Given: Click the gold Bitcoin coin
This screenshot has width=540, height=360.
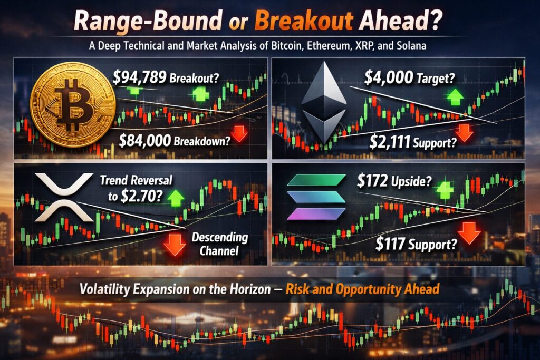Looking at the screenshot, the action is pyautogui.click(x=72, y=104).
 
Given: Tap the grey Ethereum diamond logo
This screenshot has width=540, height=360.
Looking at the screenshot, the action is pyautogui.click(x=324, y=102).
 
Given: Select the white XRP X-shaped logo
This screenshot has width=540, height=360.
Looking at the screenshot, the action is pyautogui.click(x=64, y=197).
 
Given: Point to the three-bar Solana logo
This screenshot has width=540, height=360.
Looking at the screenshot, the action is pyautogui.click(x=316, y=197).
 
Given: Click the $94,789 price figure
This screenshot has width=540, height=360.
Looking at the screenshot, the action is pyautogui.click(x=140, y=78).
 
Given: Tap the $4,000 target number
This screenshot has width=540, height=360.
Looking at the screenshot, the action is pyautogui.click(x=389, y=78).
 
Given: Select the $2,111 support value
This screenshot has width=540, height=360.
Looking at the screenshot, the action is pyautogui.click(x=390, y=141).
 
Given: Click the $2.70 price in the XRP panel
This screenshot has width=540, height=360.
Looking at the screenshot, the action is pyautogui.click(x=140, y=196).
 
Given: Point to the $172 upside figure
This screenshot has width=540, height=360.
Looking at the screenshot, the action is pyautogui.click(x=372, y=181).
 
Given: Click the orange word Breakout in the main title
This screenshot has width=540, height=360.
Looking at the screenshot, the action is pyautogui.click(x=304, y=21).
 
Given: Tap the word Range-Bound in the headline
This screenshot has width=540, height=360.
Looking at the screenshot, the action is pyautogui.click(x=148, y=21).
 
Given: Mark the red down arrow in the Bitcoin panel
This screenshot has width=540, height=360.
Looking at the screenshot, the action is pyautogui.click(x=239, y=133).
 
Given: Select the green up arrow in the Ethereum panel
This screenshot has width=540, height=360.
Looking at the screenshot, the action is pyautogui.click(x=455, y=96).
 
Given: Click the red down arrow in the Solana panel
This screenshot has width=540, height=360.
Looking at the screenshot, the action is pyautogui.click(x=468, y=232).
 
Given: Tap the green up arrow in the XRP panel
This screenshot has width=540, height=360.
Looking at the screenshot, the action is pyautogui.click(x=176, y=197).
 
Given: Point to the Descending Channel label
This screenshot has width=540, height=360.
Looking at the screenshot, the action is pyautogui.click(x=220, y=244).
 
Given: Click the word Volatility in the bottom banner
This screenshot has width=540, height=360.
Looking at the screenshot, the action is pyautogui.click(x=105, y=289).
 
